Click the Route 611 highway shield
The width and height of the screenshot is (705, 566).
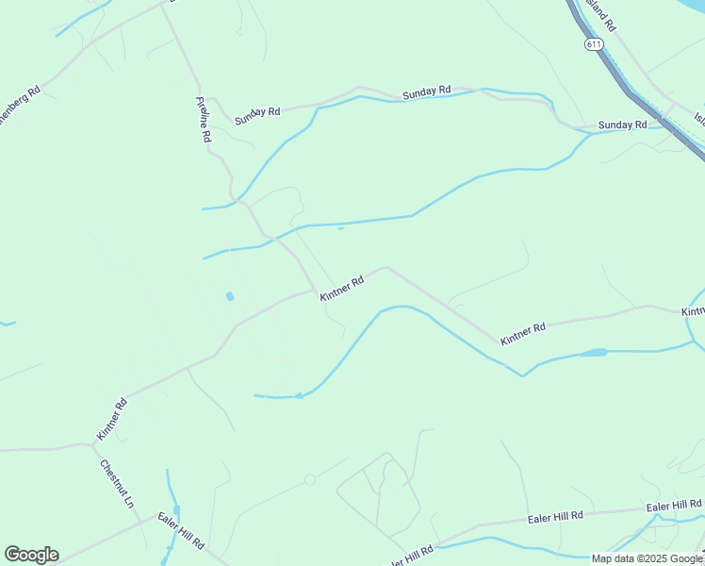[x=593, y=44]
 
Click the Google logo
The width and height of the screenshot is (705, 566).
[x=31, y=555]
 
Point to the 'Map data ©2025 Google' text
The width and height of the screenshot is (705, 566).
[x=648, y=558]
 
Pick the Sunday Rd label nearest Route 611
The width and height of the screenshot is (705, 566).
[x=622, y=125]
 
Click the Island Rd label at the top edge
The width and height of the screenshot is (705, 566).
[x=599, y=15]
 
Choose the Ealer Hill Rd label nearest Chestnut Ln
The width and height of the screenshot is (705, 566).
[x=182, y=529]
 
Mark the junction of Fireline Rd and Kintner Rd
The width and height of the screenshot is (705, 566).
[x=315, y=291]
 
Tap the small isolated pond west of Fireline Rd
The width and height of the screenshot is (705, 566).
[x=229, y=297]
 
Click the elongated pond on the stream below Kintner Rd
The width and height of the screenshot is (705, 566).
[x=593, y=353]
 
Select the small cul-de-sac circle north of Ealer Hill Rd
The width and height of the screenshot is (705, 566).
[x=310, y=480]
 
